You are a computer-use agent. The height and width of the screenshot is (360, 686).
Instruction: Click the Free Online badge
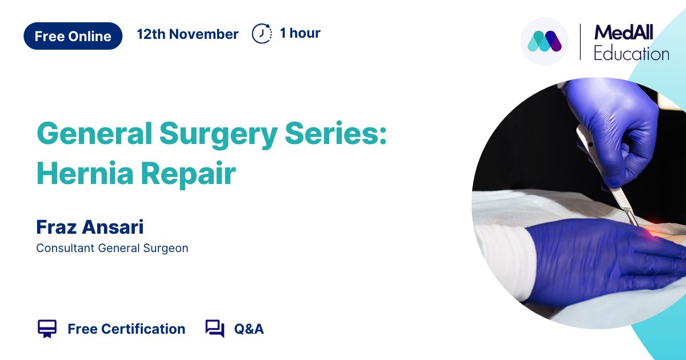[x=73, y=36]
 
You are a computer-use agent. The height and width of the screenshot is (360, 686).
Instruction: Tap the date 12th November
[x=188, y=34]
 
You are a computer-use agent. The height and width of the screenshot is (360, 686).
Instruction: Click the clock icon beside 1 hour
[x=262, y=33]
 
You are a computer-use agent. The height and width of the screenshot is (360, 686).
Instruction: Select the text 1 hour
[x=300, y=33]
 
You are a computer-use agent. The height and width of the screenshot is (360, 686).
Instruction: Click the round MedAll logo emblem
[x=544, y=41]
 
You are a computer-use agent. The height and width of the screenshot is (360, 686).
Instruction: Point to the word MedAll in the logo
[x=624, y=33]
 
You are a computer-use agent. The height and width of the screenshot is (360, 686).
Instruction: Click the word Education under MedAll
[x=632, y=54]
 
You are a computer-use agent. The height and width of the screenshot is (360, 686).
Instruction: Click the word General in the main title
[x=94, y=134]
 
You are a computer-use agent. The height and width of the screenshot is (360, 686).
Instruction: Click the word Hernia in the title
[x=85, y=173]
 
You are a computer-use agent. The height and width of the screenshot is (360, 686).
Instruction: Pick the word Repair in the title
[x=188, y=174]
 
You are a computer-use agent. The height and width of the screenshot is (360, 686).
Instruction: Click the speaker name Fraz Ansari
[x=90, y=227]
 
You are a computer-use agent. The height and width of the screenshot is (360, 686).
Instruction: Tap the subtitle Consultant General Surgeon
[x=112, y=248]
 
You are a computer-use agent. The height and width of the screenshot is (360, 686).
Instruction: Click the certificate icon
[x=47, y=329]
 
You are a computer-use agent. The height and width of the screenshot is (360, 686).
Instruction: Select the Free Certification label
[x=126, y=329]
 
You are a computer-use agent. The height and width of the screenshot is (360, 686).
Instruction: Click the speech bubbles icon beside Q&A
[x=215, y=329]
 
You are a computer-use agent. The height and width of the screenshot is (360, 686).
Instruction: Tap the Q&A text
[x=249, y=329]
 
